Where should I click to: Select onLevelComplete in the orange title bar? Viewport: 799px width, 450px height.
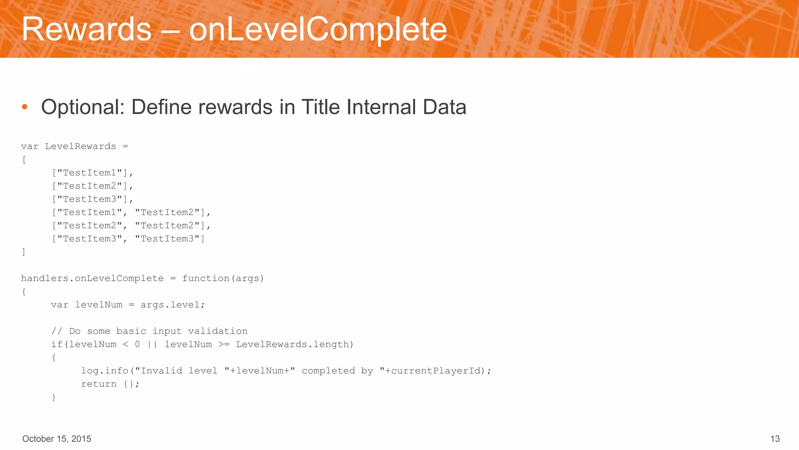coord(318,29)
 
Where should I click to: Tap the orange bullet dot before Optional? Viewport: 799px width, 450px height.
coord(25,107)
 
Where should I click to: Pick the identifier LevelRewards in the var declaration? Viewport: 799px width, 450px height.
coord(80,146)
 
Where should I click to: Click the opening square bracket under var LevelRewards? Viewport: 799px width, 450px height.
coord(24,160)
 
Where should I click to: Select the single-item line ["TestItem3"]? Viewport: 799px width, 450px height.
coord(92,199)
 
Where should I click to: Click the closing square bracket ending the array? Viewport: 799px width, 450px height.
coord(23,252)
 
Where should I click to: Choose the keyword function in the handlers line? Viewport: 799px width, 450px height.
coord(206,279)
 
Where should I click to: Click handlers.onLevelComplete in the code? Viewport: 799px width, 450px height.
coord(92,279)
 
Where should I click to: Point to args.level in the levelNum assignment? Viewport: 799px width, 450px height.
coord(170,305)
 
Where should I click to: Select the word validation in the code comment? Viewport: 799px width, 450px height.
coord(218,331)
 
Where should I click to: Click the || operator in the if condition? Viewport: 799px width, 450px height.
coord(152,345)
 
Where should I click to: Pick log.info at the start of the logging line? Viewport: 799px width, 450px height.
coord(105,371)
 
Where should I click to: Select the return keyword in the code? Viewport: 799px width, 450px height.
coord(99,384)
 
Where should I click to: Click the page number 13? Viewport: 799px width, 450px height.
coord(775,439)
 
